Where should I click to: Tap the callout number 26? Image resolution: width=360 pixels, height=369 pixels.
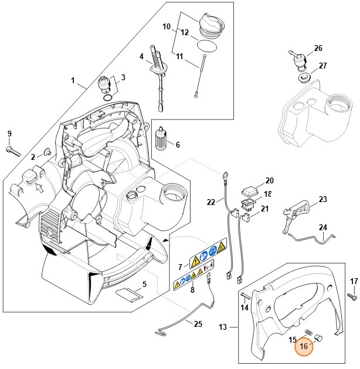click(x=318, y=48)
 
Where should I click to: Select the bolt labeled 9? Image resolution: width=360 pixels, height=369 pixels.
click(x=12, y=151)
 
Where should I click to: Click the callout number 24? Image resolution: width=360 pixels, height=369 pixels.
click(x=322, y=227)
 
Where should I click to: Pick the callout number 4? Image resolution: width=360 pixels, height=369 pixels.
click(x=141, y=57)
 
